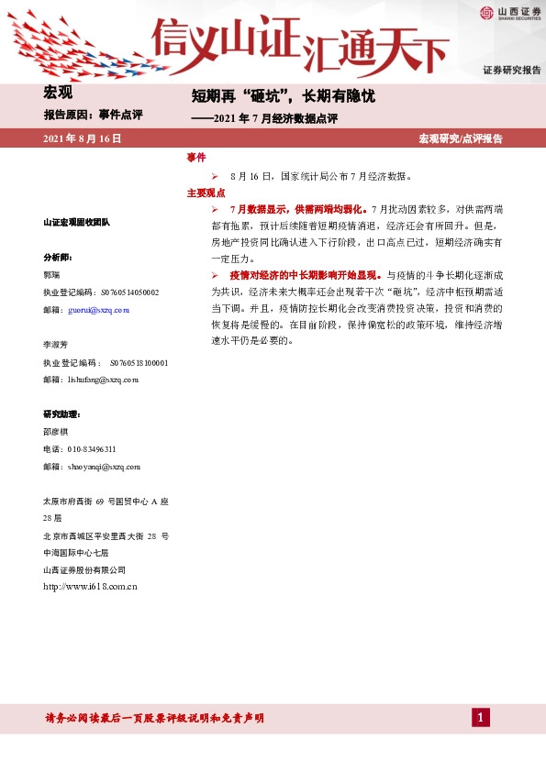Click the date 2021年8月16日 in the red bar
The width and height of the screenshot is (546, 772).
[83, 138]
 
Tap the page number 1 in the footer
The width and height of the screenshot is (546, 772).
[479, 717]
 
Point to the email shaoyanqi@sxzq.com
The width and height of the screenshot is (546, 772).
[104, 467]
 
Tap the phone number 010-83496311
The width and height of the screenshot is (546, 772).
[92, 449]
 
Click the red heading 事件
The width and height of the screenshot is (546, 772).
[195, 158]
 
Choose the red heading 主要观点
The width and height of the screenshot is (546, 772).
[206, 193]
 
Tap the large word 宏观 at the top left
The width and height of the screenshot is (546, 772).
[58, 92]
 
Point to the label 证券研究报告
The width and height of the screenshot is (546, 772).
[511, 71]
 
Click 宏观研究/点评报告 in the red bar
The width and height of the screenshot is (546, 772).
[461, 138]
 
